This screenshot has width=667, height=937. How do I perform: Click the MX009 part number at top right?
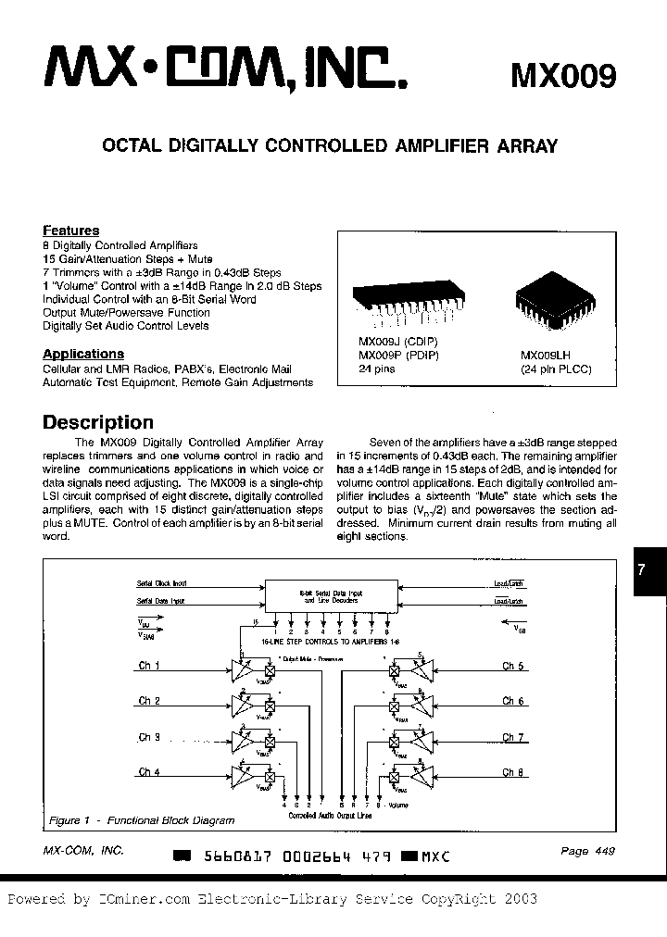563,75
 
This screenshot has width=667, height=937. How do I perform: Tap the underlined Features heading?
71,231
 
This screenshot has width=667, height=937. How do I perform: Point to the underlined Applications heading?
83,354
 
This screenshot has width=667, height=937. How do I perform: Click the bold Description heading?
98,422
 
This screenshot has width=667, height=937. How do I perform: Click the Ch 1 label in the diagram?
149,666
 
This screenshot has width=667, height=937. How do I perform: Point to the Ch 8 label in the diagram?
513,772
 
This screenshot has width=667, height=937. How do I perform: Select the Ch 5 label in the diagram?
513,666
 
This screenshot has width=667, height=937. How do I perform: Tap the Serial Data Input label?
161,602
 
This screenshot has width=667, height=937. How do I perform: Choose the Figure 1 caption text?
142,820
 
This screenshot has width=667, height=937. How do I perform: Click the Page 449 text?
586,852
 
